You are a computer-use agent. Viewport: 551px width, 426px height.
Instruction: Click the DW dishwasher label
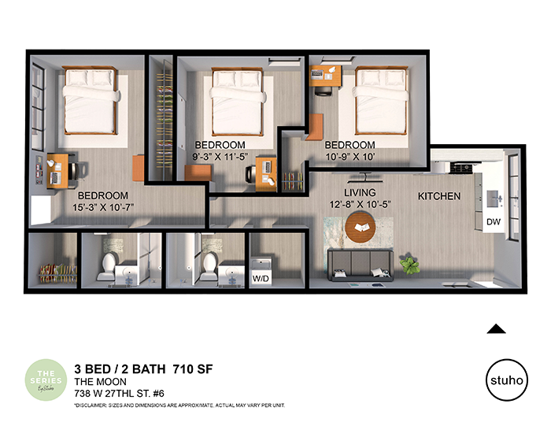(494, 223)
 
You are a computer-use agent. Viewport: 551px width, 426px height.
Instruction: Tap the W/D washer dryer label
(260, 277)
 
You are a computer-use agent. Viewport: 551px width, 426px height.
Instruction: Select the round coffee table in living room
(364, 228)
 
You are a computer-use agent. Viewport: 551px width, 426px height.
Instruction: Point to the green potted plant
(410, 262)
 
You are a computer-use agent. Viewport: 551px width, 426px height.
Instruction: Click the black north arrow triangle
(496, 329)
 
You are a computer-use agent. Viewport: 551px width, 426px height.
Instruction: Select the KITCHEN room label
(438, 196)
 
